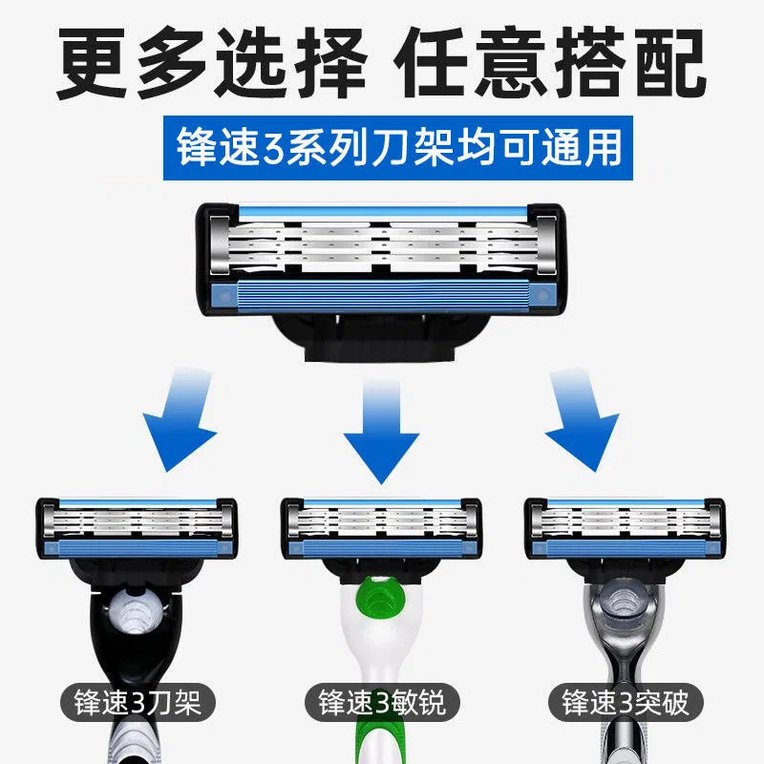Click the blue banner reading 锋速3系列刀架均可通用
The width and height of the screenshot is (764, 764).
coord(398,148)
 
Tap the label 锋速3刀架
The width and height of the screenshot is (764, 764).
coord(138,703)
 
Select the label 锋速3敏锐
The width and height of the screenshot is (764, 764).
coord(381,703)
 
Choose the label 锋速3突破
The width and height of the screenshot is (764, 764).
coord(626,703)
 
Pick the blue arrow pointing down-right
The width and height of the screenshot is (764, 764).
coord(581,421)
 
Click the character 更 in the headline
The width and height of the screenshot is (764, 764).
coord(93,62)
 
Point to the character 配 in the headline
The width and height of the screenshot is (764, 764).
coord(669,62)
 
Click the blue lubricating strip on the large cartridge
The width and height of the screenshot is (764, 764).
coord(383,295)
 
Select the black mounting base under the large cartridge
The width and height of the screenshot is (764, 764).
coord(381,336)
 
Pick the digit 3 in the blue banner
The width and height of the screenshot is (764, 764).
coord(273,149)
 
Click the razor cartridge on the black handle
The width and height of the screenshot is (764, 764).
coord(137,529)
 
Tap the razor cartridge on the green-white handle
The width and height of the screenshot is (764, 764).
coord(381,529)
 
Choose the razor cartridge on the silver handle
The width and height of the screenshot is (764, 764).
coord(626,529)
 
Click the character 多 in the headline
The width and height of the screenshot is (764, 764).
coord(172,62)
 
